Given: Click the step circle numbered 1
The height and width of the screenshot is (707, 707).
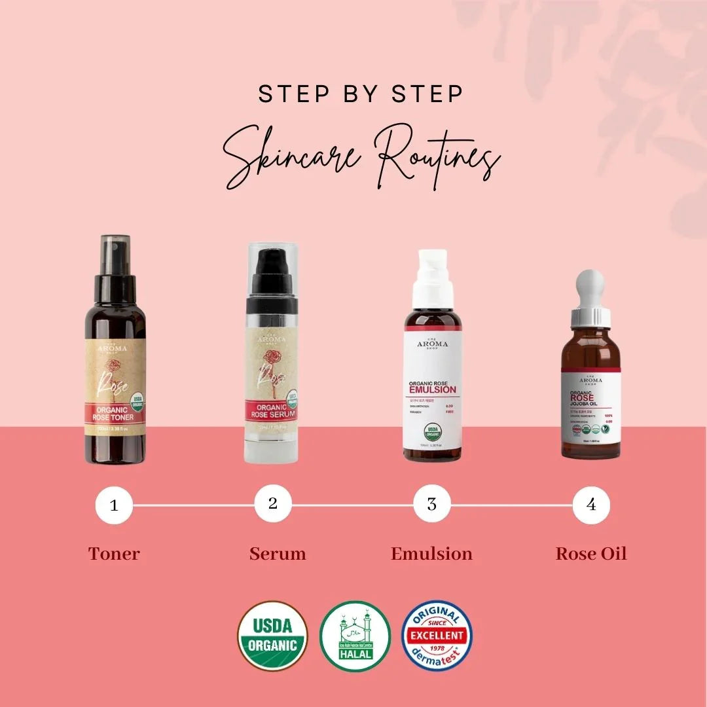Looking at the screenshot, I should pos(114,506).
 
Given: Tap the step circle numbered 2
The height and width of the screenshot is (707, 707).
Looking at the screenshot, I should pos(273,504).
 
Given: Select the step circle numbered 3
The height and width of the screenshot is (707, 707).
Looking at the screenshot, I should pos(432,505).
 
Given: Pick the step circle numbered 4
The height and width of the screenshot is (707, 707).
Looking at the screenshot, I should pos(591,505).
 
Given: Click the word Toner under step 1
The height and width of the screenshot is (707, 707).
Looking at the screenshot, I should pos(114,554).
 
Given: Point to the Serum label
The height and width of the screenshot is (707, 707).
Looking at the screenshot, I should pos(278,554).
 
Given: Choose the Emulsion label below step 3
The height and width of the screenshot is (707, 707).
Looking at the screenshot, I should pos(431,554).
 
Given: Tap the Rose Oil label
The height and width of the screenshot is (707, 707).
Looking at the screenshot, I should pos(591,554).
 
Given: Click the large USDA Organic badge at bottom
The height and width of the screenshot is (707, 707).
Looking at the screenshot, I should pos(272,636).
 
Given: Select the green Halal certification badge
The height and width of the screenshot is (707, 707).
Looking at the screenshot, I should pos(355,636).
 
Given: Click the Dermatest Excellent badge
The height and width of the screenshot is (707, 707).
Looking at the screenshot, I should pos(437,636).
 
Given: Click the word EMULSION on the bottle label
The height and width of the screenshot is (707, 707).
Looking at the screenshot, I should pos(432,390).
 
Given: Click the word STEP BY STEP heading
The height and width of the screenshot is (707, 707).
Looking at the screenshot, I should pos(361,93).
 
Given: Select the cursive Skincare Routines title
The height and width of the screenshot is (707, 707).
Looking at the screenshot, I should pos(361,154).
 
